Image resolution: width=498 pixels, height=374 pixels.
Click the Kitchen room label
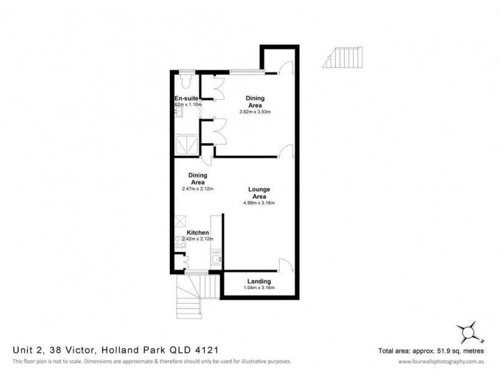coord(189,233)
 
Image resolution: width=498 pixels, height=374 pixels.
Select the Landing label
coord(258,281)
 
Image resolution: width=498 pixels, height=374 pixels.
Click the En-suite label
coord(186,98)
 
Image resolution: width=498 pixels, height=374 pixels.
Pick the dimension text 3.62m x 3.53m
coord(255,112)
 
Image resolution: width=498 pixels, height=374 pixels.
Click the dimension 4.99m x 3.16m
coord(258,203)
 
